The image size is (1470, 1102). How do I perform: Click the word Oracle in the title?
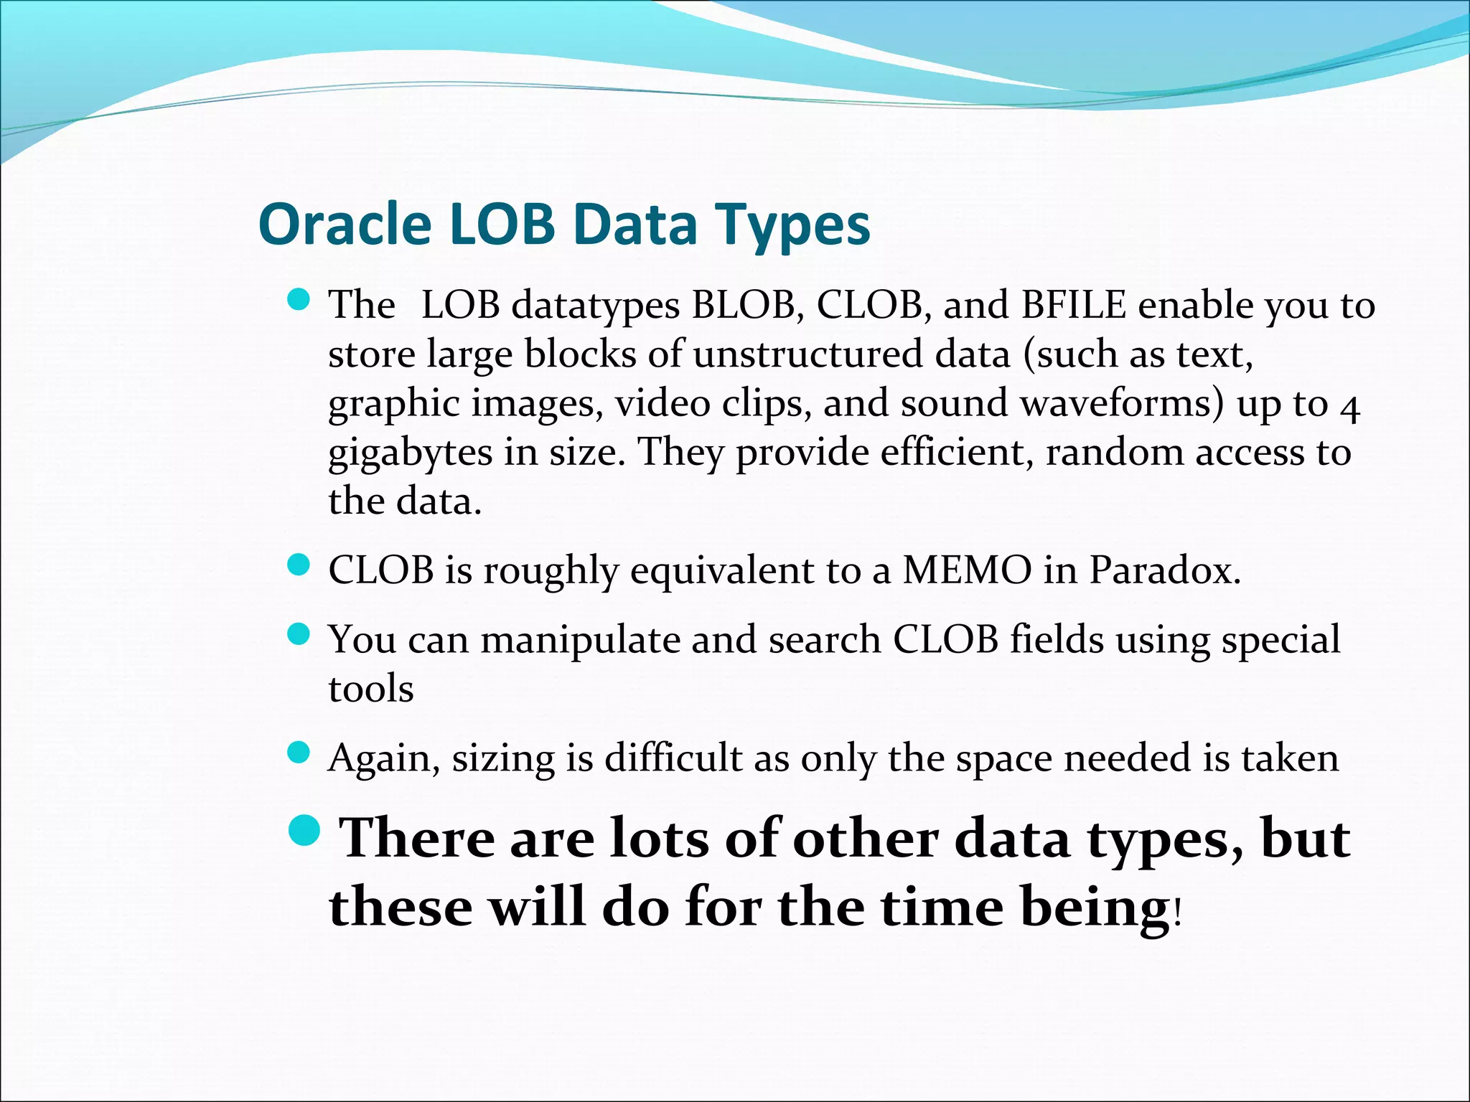click(x=345, y=225)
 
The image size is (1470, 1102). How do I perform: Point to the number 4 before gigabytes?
click(x=1349, y=408)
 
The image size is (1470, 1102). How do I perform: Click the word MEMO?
click(x=967, y=570)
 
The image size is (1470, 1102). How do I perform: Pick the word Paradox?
click(x=1164, y=570)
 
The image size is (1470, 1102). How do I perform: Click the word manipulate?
click(x=579, y=639)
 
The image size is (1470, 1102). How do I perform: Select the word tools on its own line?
click(x=371, y=689)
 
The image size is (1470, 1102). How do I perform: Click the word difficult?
click(x=673, y=758)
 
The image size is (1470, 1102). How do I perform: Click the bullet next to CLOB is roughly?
click(x=298, y=565)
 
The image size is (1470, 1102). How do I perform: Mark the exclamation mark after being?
click(x=1176, y=914)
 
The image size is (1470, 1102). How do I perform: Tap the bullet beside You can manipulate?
click(x=298, y=634)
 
